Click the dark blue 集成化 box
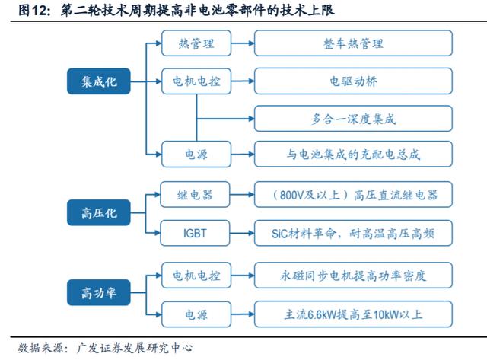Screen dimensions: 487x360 point(99,81)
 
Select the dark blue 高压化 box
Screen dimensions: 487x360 point(99,213)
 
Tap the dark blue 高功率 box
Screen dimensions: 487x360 point(99,292)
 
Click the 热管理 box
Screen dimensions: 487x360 point(196,43)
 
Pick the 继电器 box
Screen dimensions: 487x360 point(195,195)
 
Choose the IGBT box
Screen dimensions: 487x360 point(195,233)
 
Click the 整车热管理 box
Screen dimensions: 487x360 point(353,43)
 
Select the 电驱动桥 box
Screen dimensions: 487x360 point(353,81)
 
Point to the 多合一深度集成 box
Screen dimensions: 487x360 point(353,119)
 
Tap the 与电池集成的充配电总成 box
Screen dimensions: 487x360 point(353,154)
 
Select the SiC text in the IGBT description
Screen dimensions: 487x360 point(280,234)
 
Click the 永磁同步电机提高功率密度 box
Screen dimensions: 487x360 point(353,276)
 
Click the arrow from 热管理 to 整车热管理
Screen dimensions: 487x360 point(243,43)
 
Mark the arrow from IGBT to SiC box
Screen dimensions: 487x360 point(242,233)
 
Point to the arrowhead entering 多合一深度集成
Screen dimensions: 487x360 point(251,119)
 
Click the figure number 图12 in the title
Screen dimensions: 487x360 point(33,10)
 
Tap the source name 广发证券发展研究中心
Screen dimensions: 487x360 point(135,348)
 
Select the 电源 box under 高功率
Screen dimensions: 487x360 point(196,314)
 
